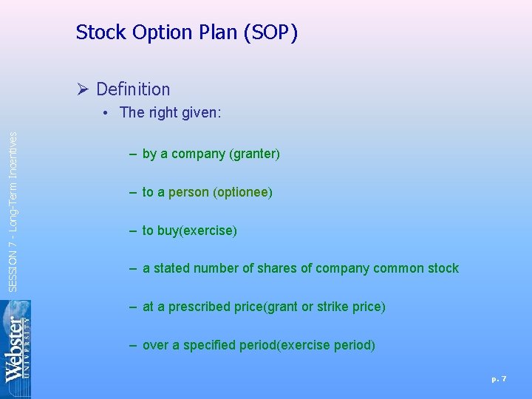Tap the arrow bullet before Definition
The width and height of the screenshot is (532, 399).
(x=83, y=89)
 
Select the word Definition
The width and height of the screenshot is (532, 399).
(x=133, y=89)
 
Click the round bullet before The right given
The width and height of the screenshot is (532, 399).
(x=107, y=113)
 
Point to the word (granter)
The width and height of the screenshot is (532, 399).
(x=254, y=154)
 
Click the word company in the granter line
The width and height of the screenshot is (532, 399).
(x=197, y=154)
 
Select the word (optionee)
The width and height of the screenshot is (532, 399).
(x=242, y=193)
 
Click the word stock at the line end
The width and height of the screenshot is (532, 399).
(x=443, y=269)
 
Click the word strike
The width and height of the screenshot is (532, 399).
(x=332, y=307)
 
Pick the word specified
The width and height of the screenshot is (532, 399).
(x=209, y=346)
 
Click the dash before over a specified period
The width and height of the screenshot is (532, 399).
(x=133, y=345)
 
